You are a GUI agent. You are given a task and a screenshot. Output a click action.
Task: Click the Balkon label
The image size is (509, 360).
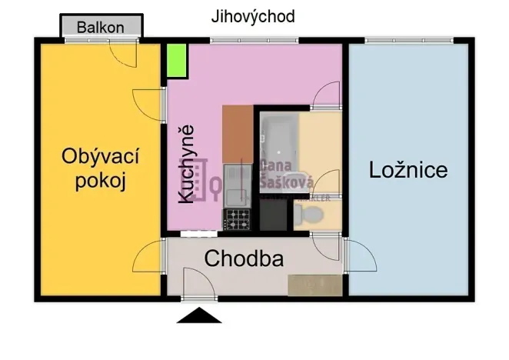click(x=101, y=27)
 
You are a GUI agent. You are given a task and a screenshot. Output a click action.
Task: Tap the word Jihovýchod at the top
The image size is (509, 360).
click(x=253, y=16)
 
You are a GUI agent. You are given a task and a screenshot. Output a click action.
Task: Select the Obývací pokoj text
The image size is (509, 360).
click(x=100, y=169)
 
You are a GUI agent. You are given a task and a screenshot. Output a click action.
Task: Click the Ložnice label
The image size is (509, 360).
click(x=408, y=169)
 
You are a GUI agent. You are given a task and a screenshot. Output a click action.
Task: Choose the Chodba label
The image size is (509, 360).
click(x=243, y=259)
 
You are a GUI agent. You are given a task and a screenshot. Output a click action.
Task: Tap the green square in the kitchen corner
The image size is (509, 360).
click(x=178, y=62)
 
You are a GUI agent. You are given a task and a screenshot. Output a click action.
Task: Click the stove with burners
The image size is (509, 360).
click(x=236, y=220)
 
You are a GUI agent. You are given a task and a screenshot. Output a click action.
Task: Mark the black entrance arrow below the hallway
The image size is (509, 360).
click(x=199, y=315)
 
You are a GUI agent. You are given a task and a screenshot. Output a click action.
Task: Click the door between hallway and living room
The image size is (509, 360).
click(x=148, y=257)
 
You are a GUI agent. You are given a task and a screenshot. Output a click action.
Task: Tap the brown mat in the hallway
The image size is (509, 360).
click(x=314, y=285)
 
